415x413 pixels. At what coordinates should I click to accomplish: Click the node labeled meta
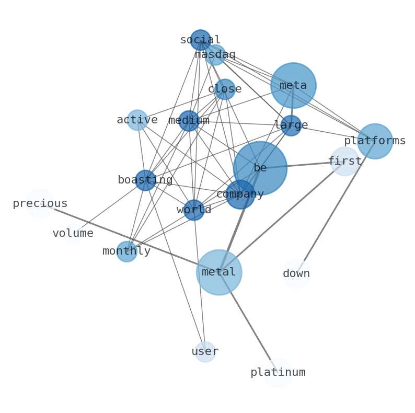point(293,85)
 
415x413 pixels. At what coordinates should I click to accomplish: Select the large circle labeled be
point(260,168)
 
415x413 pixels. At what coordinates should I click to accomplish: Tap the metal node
point(219,272)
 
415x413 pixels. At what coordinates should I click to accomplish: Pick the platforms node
point(375,141)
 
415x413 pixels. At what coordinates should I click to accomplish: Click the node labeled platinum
point(278,372)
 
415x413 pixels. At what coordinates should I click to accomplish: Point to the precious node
point(40,203)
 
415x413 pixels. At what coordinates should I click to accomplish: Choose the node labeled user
point(205,351)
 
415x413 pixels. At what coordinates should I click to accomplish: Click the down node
point(296,273)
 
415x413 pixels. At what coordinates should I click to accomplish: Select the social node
point(200,40)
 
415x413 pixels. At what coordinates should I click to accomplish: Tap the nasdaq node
point(215,55)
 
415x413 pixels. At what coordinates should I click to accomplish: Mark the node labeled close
point(225,89)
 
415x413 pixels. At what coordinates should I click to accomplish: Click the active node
point(137,120)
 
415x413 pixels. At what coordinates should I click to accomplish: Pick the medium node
point(189,121)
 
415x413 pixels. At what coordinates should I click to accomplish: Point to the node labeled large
point(291,125)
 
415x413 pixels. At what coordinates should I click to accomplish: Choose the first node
point(344,161)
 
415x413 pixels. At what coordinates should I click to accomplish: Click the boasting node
point(145,180)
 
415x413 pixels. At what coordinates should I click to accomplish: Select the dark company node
point(240,194)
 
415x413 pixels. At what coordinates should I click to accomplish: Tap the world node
point(194,210)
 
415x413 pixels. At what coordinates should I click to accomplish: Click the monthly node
point(126,251)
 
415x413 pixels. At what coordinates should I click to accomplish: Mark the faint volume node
point(73,233)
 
